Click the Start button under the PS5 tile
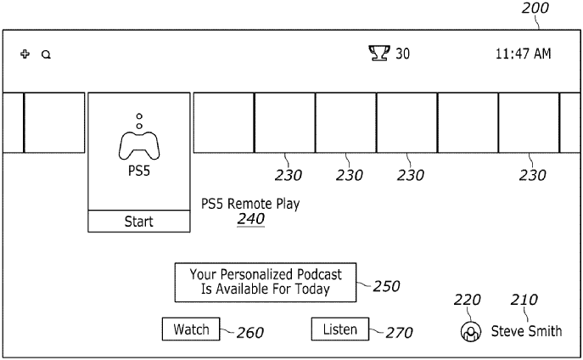coord(139,222)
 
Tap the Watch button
coord(191,329)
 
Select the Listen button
coord(340,329)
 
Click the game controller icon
coord(139,143)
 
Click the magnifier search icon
coord(46,54)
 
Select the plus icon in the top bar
coord(25,54)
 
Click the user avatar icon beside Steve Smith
coord(468,332)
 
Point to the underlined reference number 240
coord(250,219)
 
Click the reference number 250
coord(385,287)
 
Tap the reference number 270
coord(399,333)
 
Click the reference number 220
coord(468,300)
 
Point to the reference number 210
coord(524,300)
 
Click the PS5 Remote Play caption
coord(249,204)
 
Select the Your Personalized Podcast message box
coord(266,282)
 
